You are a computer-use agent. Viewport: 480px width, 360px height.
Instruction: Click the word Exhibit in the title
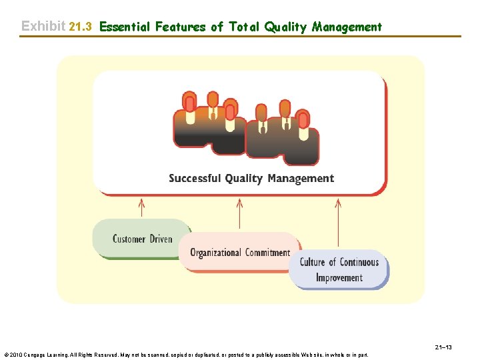43,26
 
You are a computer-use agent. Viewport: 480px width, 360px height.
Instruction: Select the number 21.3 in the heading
80,27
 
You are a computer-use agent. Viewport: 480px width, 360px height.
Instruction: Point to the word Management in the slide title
347,27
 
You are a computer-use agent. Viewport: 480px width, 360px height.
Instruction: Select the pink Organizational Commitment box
240,252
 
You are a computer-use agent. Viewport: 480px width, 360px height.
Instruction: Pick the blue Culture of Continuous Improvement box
339,270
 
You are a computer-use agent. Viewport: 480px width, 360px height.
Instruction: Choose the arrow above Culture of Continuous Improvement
338,223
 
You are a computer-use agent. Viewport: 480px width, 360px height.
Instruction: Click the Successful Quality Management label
251,178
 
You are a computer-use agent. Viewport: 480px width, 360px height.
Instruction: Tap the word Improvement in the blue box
339,278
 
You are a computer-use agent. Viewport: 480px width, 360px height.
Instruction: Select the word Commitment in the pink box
268,253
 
